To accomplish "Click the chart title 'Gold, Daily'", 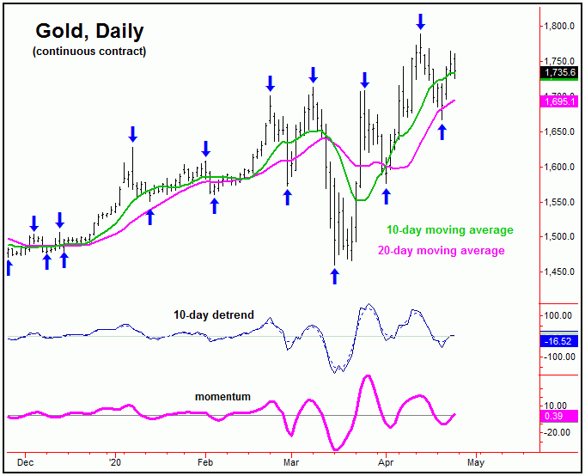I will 89,32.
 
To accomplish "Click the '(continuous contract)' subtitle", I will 89,52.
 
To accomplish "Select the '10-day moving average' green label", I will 449,230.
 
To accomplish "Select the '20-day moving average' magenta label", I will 442,250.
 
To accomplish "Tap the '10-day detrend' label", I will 217,315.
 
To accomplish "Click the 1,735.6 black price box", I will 561,72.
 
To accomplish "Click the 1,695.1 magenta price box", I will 561,101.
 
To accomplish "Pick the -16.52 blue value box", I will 561,341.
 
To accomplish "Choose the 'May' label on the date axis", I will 478,461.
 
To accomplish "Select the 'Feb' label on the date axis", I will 205,461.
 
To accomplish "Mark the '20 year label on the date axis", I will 115,461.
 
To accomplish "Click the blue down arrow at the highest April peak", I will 420,20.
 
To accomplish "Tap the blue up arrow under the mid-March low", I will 335,276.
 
